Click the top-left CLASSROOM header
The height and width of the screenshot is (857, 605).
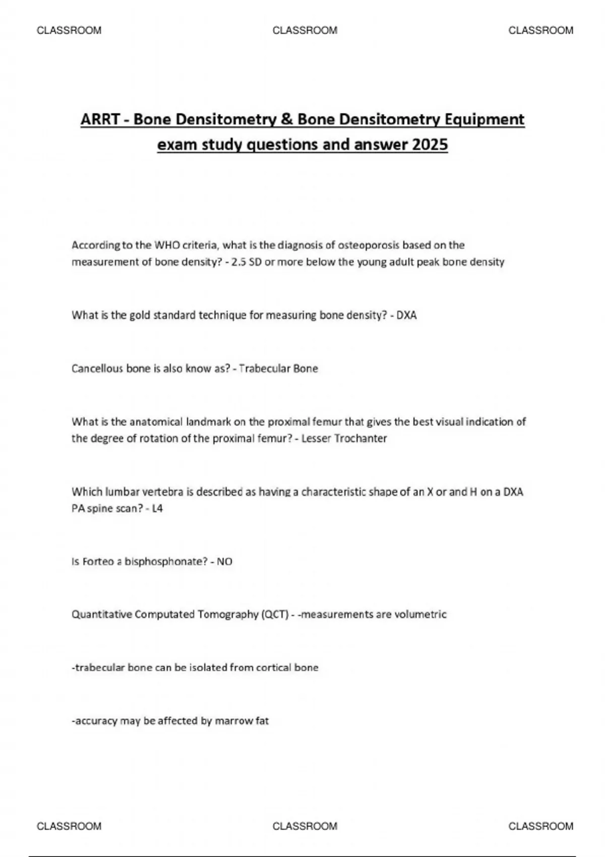pyautogui.click(x=69, y=30)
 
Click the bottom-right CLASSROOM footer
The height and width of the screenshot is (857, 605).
pyautogui.click(x=540, y=826)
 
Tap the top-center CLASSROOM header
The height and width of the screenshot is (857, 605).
pyautogui.click(x=305, y=30)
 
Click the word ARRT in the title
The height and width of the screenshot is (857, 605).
pyautogui.click(x=100, y=119)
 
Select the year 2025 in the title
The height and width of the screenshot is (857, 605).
pyautogui.click(x=430, y=145)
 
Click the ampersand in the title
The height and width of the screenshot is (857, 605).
pyautogui.click(x=288, y=119)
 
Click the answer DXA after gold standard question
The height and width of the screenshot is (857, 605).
pyautogui.click(x=406, y=316)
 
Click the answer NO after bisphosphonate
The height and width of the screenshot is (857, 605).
pyautogui.click(x=224, y=562)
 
